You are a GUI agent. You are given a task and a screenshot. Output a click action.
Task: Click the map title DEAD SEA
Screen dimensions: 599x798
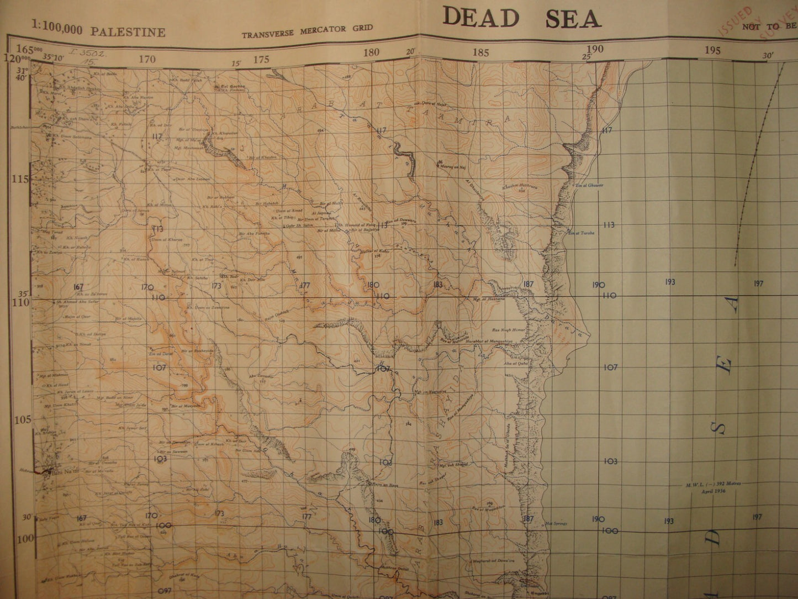coord(521,18)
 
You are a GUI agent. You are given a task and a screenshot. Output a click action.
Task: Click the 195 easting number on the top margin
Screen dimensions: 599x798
coord(713,51)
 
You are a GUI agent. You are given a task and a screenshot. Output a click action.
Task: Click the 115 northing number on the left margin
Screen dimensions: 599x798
coord(20,180)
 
